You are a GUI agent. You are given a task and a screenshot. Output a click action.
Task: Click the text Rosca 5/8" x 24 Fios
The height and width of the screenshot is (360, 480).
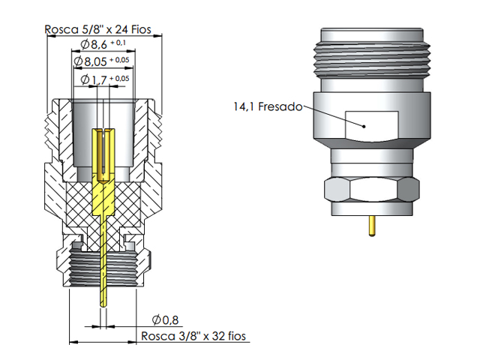click(x=97, y=30)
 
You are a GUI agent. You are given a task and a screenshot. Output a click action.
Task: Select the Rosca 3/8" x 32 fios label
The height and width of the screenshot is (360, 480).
click(x=193, y=336)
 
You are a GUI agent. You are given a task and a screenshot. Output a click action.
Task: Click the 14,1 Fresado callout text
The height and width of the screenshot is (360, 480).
click(x=267, y=107)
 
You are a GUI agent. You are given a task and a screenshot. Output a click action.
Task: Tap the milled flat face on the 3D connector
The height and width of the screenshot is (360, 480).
click(x=372, y=125)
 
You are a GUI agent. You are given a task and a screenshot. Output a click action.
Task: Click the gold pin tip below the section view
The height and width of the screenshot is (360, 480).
click(x=102, y=296)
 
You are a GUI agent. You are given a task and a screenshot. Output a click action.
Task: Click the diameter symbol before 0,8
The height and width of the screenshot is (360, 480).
click(x=157, y=319)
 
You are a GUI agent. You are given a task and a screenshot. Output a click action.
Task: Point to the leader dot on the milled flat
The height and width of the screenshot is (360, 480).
click(x=364, y=126)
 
